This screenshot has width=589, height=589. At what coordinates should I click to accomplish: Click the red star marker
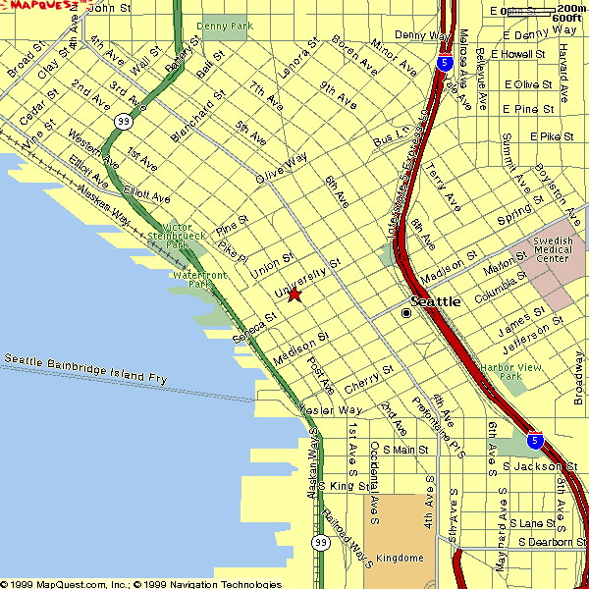click(x=294, y=294)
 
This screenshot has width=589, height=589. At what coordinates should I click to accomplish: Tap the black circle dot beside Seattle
click(x=406, y=313)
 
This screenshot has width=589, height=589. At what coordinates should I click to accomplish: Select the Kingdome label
click(x=401, y=558)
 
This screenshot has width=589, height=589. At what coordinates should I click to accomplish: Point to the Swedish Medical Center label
click(x=551, y=250)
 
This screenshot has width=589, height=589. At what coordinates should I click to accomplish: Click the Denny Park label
click(x=224, y=25)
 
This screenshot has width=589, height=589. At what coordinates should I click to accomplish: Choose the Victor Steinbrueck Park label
click(x=176, y=236)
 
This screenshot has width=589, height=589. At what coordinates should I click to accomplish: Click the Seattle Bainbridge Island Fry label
click(x=84, y=368)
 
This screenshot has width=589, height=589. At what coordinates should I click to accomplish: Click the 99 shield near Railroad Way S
click(x=321, y=543)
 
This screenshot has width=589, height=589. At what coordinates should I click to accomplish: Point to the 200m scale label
click(x=570, y=8)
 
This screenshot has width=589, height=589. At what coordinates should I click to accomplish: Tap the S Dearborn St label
click(x=552, y=542)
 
